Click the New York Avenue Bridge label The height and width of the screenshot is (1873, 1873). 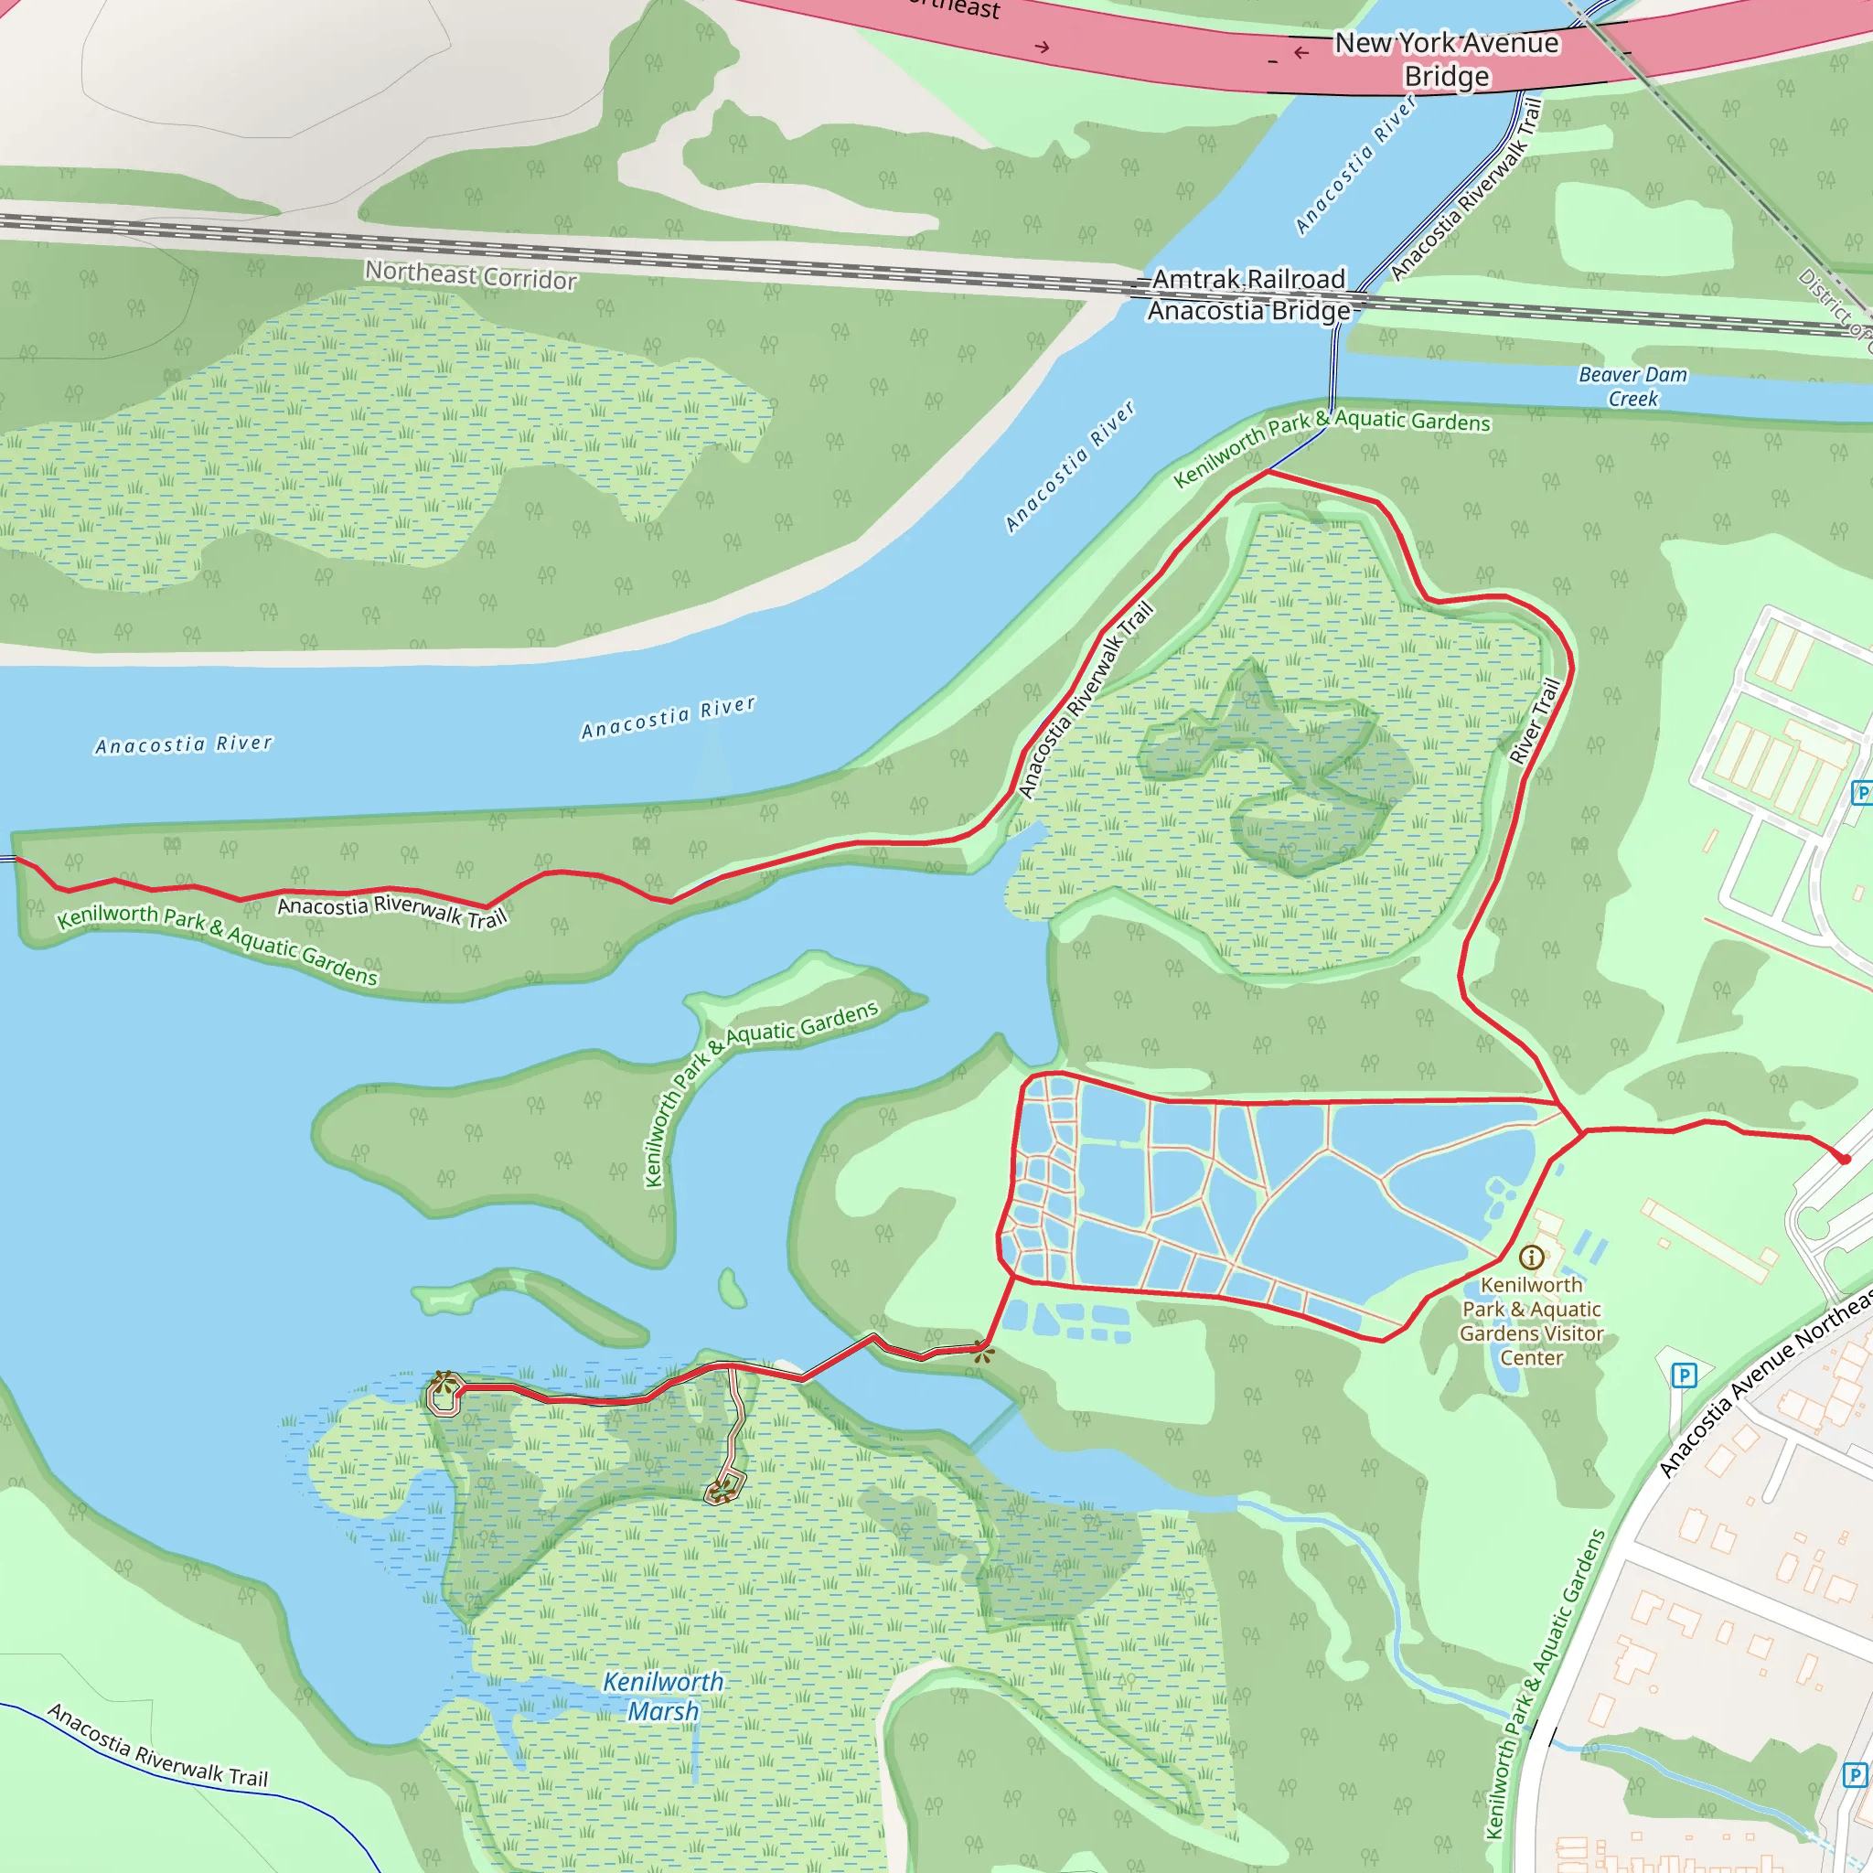pos(1447,59)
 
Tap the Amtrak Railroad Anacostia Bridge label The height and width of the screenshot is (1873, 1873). pos(1248,294)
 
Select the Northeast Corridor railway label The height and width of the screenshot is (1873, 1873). pos(471,275)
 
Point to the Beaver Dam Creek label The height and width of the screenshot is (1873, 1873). pos(1632,386)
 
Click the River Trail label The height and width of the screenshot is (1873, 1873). pos(1536,722)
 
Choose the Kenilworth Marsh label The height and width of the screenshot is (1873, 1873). pos(664,1696)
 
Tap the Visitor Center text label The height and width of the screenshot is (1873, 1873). pos(1532,1321)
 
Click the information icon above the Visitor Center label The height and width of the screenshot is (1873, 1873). pos(1532,1258)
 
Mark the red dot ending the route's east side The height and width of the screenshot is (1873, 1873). pos(1844,1159)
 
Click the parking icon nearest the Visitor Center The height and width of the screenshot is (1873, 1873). pos(1684,1375)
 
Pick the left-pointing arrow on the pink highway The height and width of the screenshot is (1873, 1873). pos(1301,52)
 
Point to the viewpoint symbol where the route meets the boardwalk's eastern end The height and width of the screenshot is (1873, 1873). pos(983,1351)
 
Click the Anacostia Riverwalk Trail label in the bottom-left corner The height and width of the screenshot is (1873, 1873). pos(158,1745)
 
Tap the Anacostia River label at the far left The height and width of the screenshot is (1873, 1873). pos(184,744)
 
